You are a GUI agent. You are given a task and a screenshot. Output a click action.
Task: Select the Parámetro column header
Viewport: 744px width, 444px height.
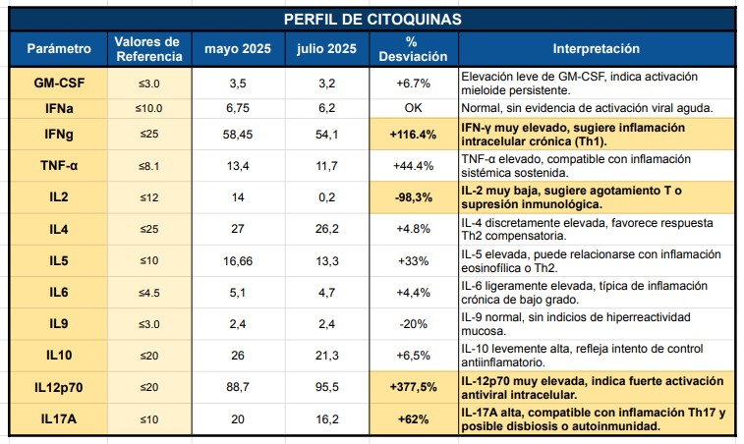pos(59,48)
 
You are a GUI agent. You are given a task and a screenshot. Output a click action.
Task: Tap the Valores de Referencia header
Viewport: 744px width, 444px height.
pos(146,48)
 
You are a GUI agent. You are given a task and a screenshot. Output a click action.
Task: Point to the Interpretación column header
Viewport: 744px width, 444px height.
pos(596,48)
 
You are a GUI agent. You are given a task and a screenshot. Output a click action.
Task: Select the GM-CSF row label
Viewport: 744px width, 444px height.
pos(59,83)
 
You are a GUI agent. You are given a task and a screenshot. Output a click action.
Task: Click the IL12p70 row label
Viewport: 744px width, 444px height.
pos(59,387)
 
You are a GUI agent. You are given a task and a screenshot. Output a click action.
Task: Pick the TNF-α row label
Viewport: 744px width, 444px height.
pos(59,165)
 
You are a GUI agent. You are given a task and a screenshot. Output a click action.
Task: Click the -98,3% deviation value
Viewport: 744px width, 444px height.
pos(412,196)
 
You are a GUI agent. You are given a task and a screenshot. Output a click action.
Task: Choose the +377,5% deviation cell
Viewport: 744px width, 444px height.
pos(412,387)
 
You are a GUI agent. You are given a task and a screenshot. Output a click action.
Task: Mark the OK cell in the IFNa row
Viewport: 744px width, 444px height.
pos(412,107)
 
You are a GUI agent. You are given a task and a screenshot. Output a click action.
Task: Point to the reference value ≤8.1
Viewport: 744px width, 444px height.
pos(146,165)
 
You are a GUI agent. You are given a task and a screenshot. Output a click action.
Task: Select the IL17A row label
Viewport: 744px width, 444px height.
pos(59,417)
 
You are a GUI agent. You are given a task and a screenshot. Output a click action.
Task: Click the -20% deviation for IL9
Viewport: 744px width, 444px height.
pos(412,322)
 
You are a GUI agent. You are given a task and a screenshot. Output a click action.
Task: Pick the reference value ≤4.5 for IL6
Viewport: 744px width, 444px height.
pos(146,291)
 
